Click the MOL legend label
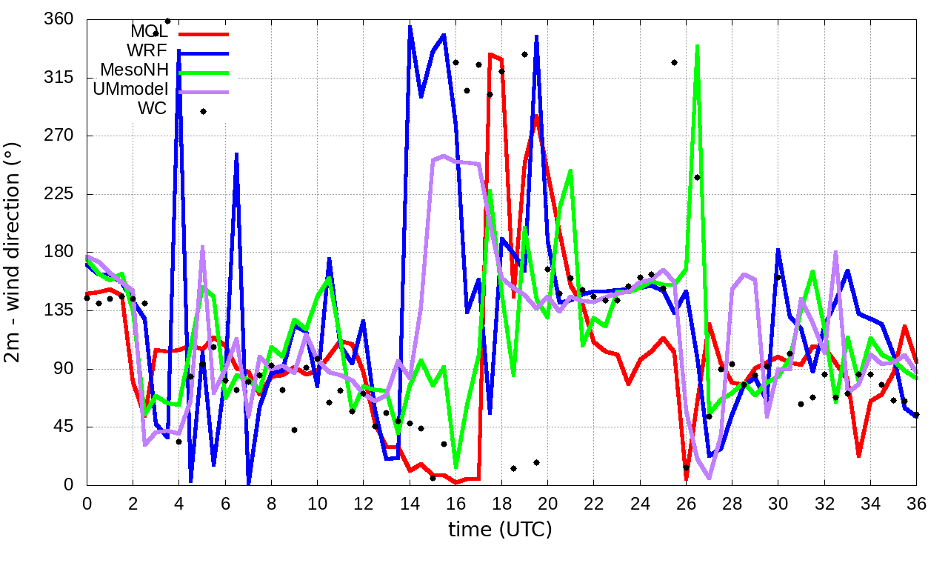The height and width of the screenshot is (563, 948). click(x=149, y=32)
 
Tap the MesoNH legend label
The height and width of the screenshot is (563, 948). click(x=134, y=70)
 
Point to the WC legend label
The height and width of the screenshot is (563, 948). click(x=153, y=109)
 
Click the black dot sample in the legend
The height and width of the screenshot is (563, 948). click(x=203, y=111)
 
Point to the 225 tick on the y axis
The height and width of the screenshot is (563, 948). click(x=59, y=194)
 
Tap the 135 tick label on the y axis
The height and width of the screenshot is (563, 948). click(x=59, y=310)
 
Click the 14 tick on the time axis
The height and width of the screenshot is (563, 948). click(x=410, y=504)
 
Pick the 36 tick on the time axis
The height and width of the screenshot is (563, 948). click(x=916, y=504)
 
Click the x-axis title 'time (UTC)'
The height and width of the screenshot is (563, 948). click(x=501, y=530)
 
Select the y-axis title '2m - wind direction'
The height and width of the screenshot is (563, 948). click(x=15, y=252)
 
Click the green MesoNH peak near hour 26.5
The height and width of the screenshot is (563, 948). click(x=697, y=47)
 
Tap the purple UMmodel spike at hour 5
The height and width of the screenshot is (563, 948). click(x=202, y=247)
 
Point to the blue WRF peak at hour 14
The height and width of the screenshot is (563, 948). click(x=410, y=27)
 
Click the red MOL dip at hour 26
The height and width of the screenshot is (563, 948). click(x=687, y=479)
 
